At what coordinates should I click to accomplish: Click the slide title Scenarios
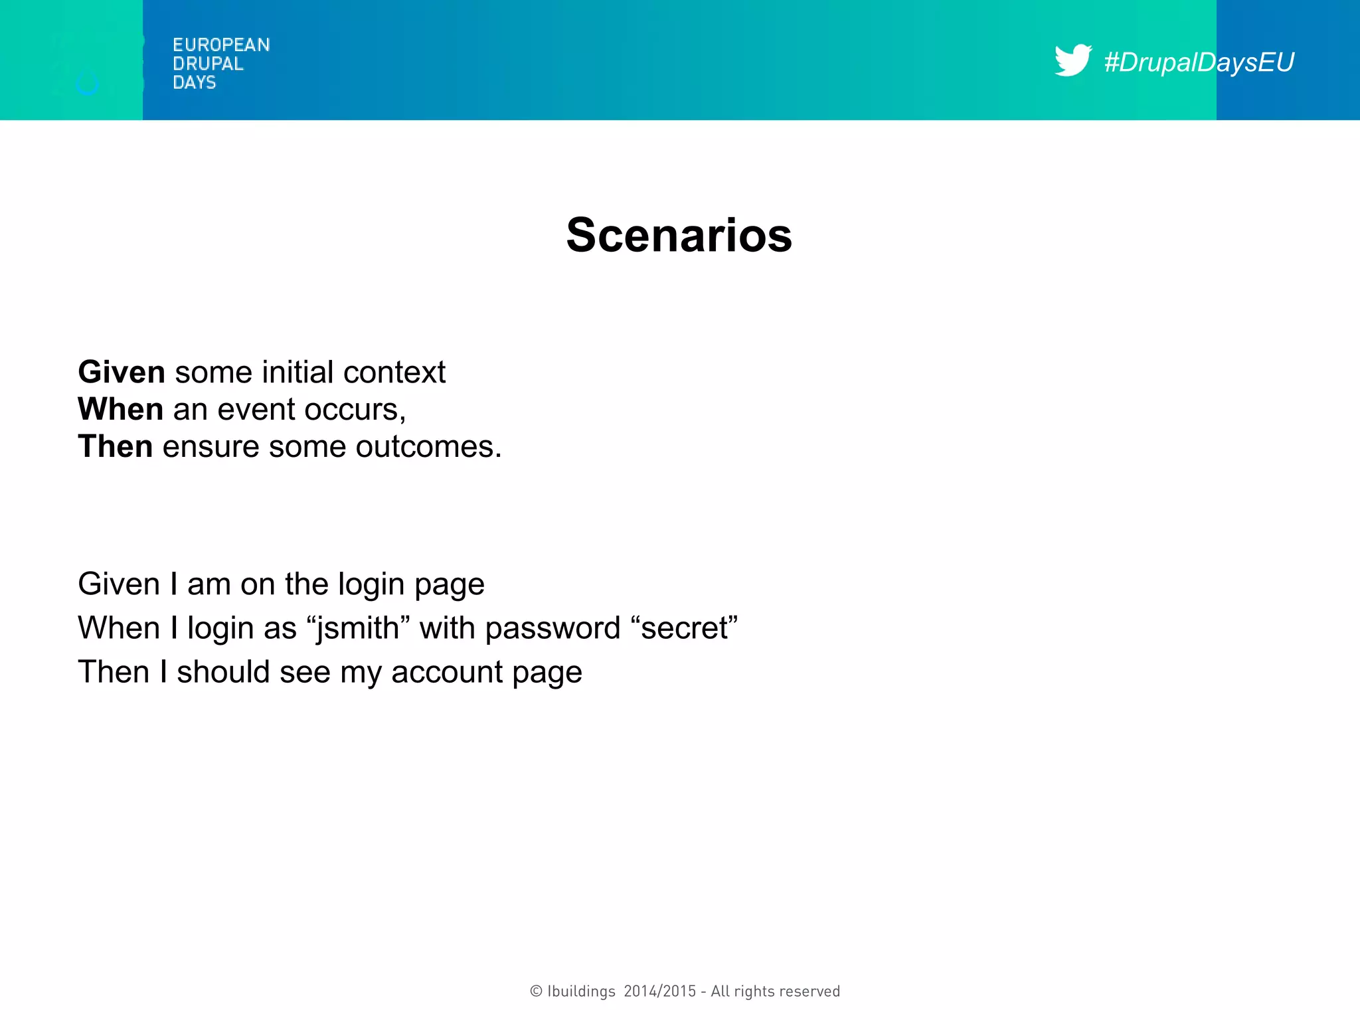click(x=679, y=235)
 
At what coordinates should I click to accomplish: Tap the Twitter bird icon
click(x=1072, y=60)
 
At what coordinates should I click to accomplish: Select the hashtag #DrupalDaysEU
click(x=1199, y=62)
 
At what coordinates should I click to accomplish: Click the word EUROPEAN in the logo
click(x=221, y=45)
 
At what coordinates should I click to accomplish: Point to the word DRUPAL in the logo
click(x=208, y=64)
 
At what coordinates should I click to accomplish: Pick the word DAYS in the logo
click(x=194, y=82)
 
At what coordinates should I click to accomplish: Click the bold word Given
click(x=122, y=372)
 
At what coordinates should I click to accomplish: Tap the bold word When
click(x=120, y=409)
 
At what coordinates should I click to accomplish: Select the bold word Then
click(x=116, y=446)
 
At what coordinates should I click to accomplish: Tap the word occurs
click(x=355, y=410)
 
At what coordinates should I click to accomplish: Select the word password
click(x=552, y=628)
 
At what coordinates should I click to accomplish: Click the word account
click(x=447, y=672)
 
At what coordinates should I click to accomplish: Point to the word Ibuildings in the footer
click(x=581, y=991)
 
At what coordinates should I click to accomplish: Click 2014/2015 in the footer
click(x=660, y=991)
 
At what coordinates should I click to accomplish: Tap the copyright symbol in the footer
click(x=536, y=991)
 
